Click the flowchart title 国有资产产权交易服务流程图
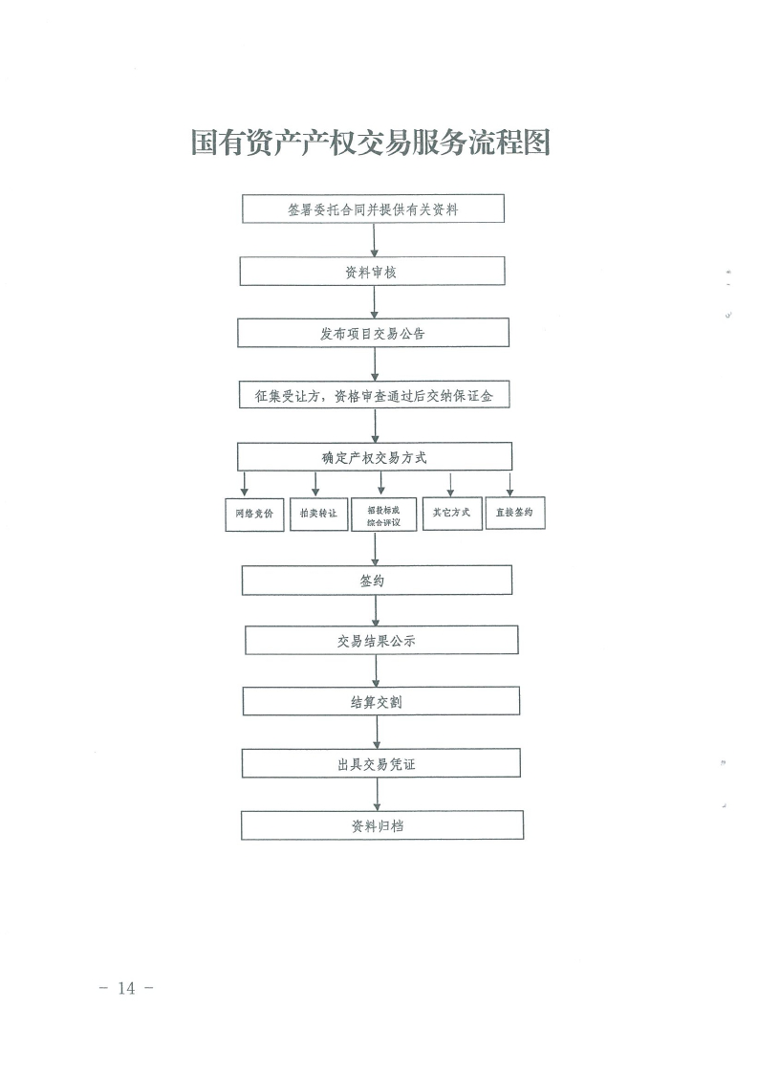[x=372, y=143]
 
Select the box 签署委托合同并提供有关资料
[x=373, y=208]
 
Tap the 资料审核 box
[x=372, y=272]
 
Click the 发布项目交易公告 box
[x=373, y=333]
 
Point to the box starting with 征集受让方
[x=374, y=394]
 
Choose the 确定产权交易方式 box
[x=374, y=457]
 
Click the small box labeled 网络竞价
[x=254, y=514]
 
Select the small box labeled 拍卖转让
[x=318, y=514]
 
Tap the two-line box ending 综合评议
[x=383, y=516]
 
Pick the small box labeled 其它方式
[x=451, y=513]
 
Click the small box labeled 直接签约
[x=515, y=513]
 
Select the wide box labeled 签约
[x=376, y=581]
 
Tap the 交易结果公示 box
[x=380, y=641]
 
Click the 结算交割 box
[x=380, y=702]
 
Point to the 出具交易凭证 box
[x=380, y=763]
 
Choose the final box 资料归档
[x=381, y=825]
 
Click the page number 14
[x=126, y=988]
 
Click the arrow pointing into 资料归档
[x=379, y=795]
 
